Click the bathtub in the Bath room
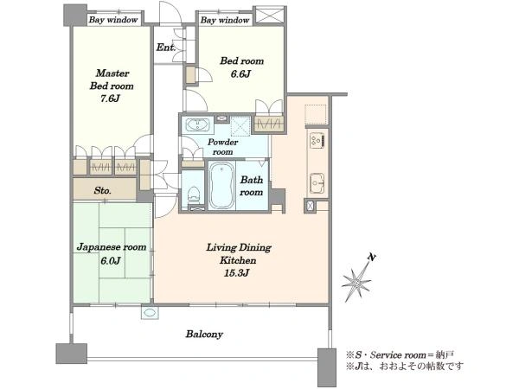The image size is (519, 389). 221,185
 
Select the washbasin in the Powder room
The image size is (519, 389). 197,125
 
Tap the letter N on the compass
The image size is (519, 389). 372,257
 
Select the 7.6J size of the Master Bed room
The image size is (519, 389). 110,99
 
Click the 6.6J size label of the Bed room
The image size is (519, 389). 240,73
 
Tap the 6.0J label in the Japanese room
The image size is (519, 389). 111,261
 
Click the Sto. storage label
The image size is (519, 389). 103,190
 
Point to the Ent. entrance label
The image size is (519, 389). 166,48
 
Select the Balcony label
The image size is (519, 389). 204,334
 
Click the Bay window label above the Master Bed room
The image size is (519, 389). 113,20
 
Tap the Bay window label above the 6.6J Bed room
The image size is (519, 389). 225,20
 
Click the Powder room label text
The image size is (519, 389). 223,147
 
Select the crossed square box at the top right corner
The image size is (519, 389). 270,15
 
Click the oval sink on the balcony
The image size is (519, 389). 150,313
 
